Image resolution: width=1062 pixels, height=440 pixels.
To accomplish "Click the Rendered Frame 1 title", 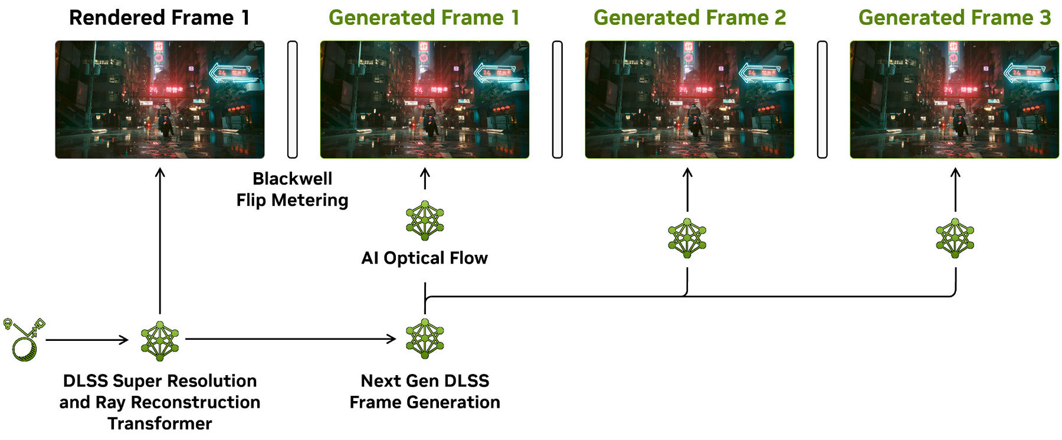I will coord(159,18).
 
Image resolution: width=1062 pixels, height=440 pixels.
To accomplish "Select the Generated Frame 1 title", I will coord(424,18).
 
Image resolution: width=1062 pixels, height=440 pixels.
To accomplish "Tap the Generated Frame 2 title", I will coord(689,18).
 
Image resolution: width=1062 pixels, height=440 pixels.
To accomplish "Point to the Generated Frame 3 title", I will coord(954,18).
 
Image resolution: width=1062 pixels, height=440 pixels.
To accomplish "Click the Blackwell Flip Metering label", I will coord(292,189).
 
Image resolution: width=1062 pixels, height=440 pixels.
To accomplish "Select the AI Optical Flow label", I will coord(424,258).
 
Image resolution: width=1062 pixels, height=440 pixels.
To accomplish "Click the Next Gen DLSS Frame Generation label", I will coord(424,392).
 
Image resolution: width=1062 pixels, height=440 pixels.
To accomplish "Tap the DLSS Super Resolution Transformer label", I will coord(159,402).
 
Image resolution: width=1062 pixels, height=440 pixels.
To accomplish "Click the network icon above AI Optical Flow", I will coord(425,221).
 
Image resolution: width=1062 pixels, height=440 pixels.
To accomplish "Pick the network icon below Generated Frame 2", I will coord(687,238).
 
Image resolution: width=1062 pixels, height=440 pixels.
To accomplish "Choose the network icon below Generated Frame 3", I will coord(955,238).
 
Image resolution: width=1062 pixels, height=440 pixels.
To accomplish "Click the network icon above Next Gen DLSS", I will coord(425,339).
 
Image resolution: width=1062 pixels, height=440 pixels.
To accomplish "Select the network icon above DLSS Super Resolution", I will coord(160,341).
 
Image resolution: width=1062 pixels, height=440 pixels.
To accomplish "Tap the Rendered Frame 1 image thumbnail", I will coord(159,99).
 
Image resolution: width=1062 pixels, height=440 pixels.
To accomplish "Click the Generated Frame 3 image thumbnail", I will coord(954,99).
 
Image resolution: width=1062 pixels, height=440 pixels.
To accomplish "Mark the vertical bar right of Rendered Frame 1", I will coord(292,99).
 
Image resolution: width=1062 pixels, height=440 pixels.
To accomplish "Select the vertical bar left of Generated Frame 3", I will coord(822,99).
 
